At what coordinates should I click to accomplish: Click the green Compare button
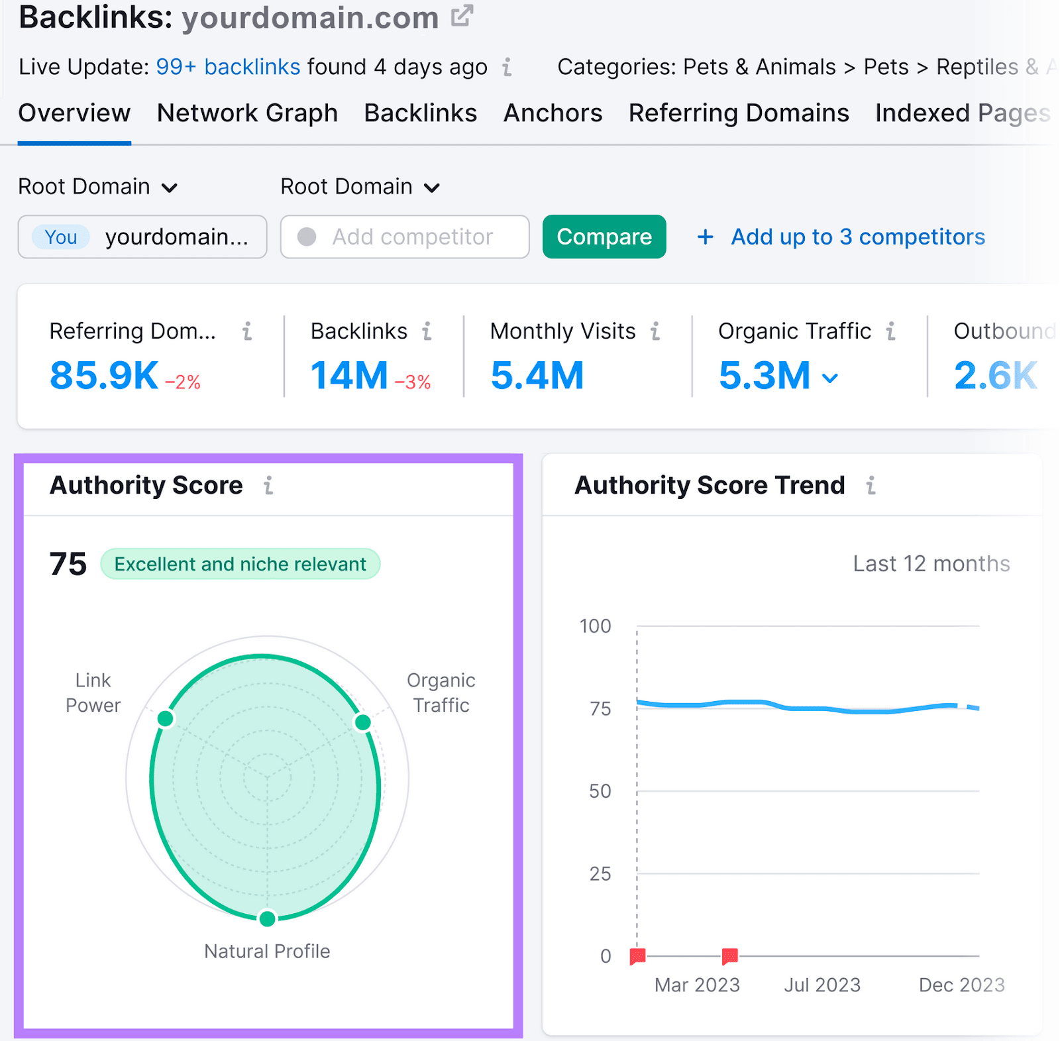coord(604,237)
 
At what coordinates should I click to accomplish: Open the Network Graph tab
coord(247,113)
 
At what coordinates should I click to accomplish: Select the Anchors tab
coord(553,113)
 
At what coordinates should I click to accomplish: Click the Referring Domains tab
coord(738,113)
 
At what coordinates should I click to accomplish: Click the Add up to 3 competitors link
coord(857,237)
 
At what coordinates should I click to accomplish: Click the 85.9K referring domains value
coord(104,375)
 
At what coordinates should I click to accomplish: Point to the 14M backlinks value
coord(349,375)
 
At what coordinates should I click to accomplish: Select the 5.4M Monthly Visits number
coord(537,375)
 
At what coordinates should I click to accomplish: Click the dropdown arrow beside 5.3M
coord(830,378)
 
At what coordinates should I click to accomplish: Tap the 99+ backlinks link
coord(228,67)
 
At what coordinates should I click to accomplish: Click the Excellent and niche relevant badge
coord(240,564)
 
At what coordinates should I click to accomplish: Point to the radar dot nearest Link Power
coord(166,718)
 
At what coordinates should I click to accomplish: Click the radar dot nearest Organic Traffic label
coord(362,722)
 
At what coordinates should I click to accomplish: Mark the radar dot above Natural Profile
coord(267,918)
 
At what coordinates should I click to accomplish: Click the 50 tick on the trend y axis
coord(600,791)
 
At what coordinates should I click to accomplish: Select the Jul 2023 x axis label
coord(821,985)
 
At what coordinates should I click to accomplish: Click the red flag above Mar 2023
coord(729,956)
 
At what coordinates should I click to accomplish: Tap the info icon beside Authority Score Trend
coord(871,486)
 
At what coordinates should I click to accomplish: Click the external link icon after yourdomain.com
coord(462,16)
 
